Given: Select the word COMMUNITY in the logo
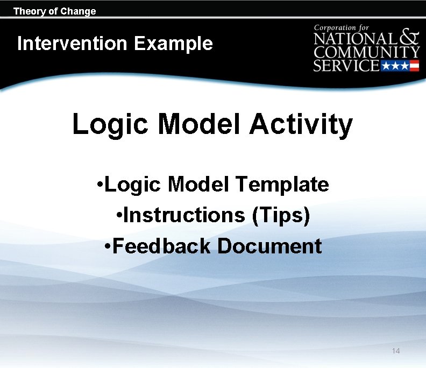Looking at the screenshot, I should click(x=367, y=53).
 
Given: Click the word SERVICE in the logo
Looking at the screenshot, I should click(x=346, y=66).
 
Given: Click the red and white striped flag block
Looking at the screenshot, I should click(x=414, y=66).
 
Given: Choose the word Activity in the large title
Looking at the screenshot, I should click(x=301, y=124).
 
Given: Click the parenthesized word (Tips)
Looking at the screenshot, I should click(x=281, y=215).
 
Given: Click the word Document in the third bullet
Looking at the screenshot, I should click(x=269, y=246).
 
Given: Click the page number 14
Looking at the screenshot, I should click(x=396, y=351).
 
